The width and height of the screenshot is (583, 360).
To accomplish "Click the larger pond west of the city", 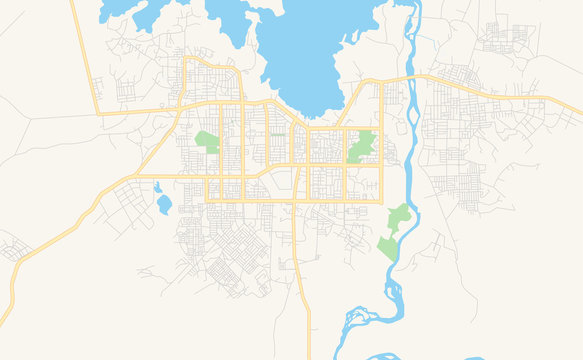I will point(163,205).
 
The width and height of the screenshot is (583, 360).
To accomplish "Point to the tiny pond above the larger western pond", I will point(159,186).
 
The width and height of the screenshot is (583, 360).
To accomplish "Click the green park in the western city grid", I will point(208,142).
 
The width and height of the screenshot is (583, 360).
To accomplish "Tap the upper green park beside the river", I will point(399,216).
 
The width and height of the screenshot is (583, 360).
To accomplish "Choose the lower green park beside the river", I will point(388,247).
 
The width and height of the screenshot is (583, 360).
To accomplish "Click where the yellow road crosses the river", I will point(407,78).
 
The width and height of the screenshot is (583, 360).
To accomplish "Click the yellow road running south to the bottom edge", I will point(304,300).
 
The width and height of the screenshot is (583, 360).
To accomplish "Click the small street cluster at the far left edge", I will point(12,247).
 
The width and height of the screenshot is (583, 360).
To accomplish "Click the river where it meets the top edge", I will point(411,6).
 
